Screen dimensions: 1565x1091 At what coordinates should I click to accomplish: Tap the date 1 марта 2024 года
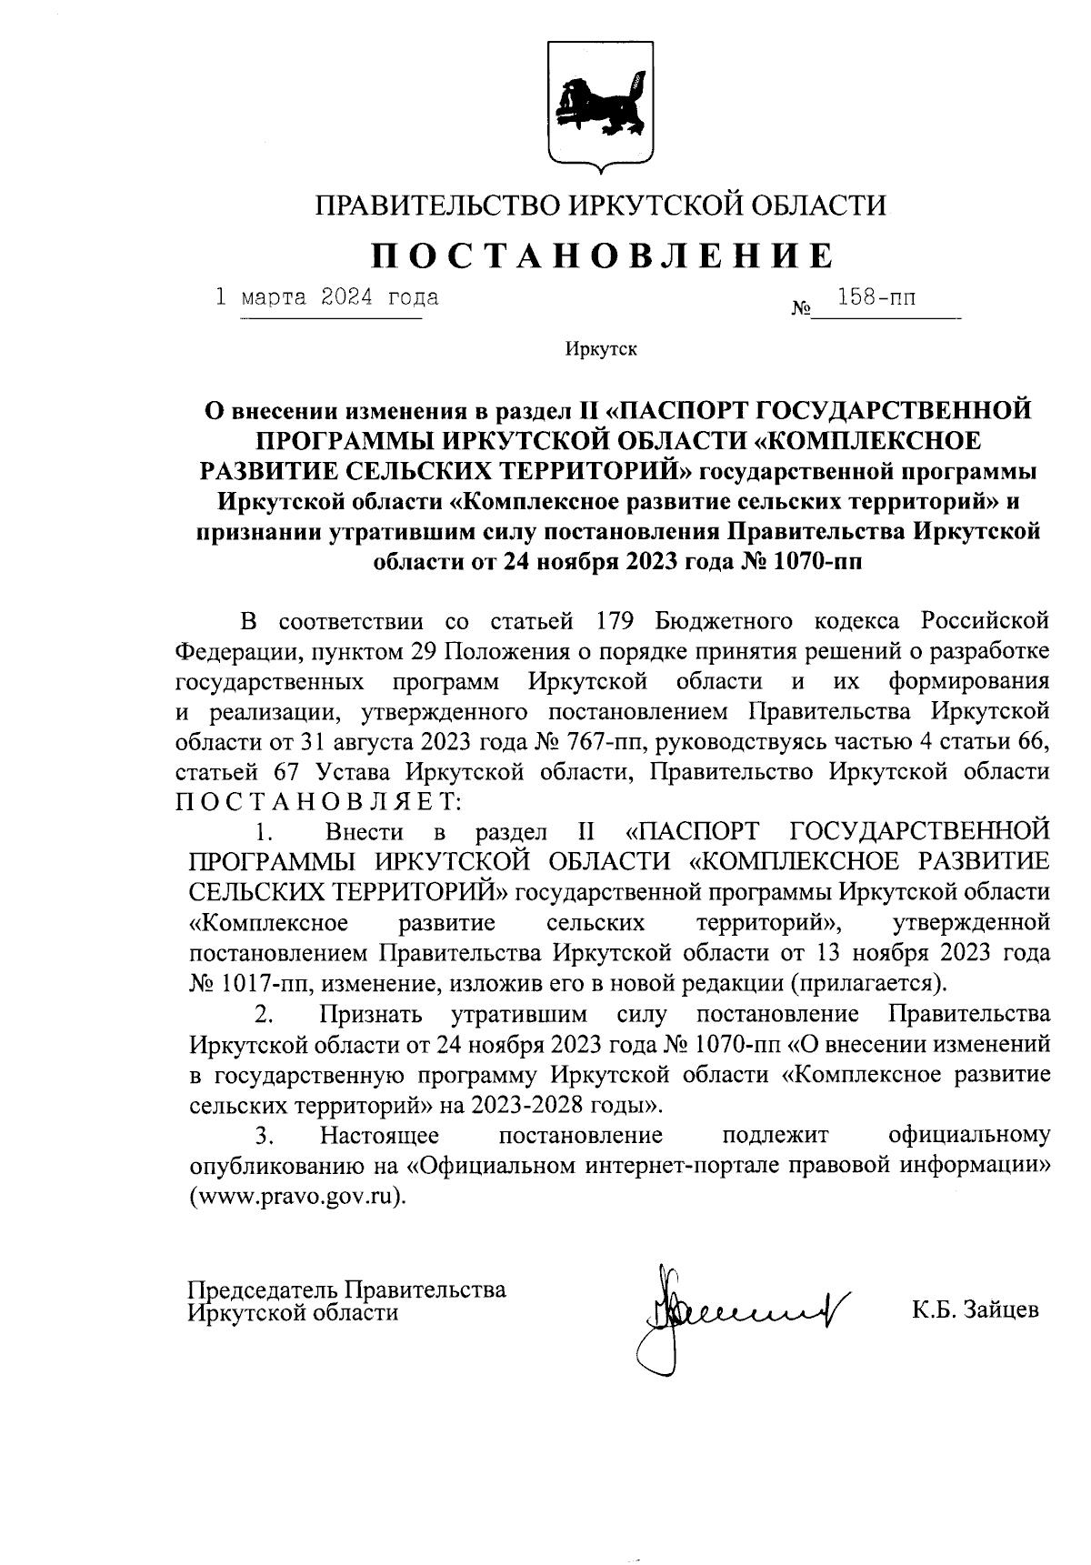326,298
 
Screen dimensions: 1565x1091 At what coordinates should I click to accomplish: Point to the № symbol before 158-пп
801,310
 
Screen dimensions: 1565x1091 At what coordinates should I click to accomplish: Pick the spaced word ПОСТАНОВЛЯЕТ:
318,801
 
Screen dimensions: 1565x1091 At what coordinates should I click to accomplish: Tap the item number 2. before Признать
265,1013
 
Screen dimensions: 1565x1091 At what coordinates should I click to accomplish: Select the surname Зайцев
999,1310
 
